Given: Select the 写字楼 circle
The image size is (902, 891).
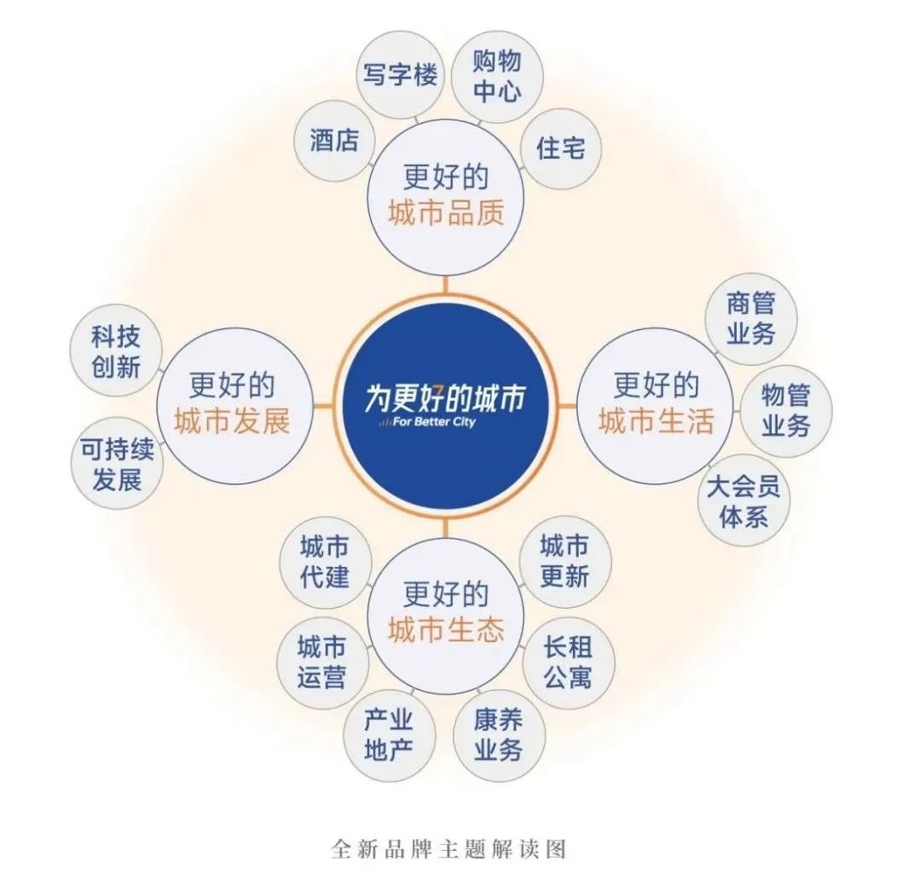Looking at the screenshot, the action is click(400, 74).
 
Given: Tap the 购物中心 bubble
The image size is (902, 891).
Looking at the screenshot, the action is click(497, 76).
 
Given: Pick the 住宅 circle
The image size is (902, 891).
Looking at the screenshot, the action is click(561, 148).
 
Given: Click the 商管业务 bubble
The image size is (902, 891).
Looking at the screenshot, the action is click(751, 319).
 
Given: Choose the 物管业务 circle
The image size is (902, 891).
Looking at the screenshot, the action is click(785, 410).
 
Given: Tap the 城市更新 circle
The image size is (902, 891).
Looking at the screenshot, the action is click(564, 561).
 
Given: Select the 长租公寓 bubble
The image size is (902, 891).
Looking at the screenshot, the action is click(568, 662).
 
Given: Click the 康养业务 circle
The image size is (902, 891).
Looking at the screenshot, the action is click(498, 734).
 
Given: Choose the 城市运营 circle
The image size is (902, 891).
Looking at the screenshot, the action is click(322, 662).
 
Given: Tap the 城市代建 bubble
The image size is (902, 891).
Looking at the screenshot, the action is click(325, 561).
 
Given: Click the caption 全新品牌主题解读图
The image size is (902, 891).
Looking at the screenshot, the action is click(448, 849).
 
